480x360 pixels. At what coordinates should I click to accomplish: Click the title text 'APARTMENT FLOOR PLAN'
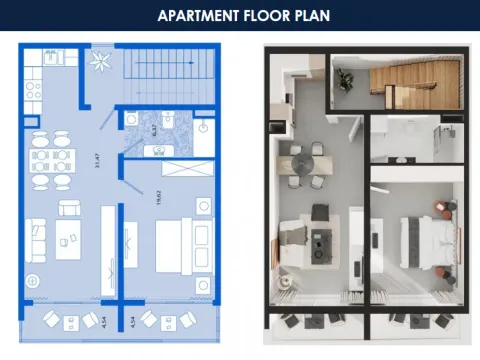click(240, 16)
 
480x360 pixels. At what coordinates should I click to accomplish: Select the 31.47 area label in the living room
click(97, 159)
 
